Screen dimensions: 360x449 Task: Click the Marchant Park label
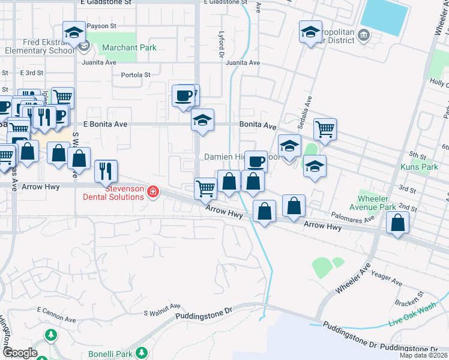[129, 47]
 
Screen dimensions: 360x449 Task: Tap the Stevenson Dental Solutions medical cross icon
[153, 191]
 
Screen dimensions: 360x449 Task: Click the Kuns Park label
[421, 167]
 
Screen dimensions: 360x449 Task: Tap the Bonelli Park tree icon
[142, 353]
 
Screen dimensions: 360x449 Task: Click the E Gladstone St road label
[106, 2]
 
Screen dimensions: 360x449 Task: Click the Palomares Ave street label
[352, 217]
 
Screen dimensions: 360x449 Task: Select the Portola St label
[136, 75]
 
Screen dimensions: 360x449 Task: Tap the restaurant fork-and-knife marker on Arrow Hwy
[106, 170]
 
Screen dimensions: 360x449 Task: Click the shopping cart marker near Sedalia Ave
[325, 129]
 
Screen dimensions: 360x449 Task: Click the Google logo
[20, 353]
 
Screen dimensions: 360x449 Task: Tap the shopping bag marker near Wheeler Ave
[398, 223]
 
